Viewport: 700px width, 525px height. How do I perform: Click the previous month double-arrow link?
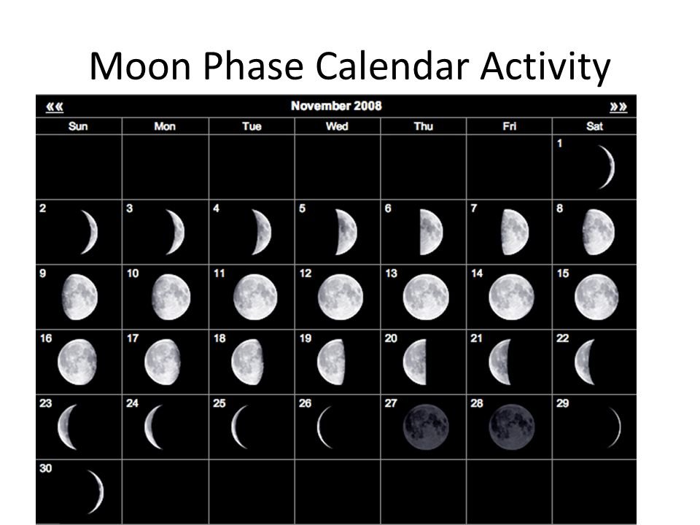tap(55, 106)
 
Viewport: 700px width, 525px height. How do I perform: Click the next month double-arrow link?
tap(618, 106)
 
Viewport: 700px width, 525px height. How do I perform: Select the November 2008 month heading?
tap(336, 106)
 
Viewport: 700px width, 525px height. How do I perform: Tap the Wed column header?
tap(337, 126)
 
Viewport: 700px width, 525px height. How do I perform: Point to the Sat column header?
tap(594, 126)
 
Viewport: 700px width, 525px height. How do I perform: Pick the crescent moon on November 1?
tap(607, 167)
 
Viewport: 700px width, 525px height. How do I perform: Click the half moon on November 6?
tap(431, 232)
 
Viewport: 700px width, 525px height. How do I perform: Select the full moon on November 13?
tap(426, 297)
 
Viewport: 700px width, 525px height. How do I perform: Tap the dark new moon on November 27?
tap(426, 427)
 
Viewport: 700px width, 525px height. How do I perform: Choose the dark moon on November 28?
tap(512, 427)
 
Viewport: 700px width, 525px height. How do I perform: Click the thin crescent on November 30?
tap(96, 491)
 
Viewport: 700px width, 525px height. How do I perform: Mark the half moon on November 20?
tap(415, 362)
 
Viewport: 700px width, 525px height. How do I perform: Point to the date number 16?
tap(46, 338)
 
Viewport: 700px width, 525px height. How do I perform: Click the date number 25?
tap(219, 403)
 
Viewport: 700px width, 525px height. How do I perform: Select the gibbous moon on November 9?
tap(79, 297)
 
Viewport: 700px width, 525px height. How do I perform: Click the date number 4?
tap(216, 209)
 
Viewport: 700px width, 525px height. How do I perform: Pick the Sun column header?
tap(78, 126)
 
